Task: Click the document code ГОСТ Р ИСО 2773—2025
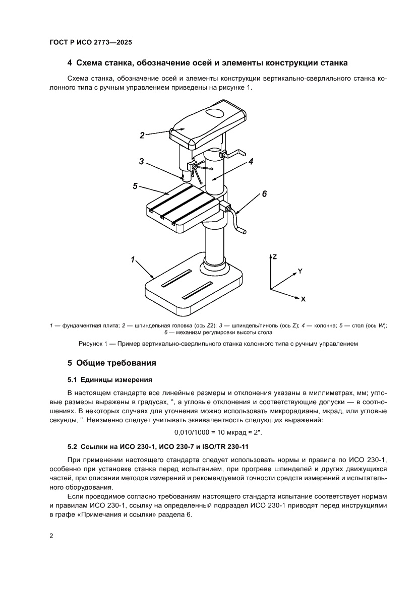(x=91, y=43)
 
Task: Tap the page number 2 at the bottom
(x=51, y=535)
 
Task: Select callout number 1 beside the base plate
(x=133, y=259)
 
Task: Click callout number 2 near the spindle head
(x=142, y=135)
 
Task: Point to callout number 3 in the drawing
(x=142, y=162)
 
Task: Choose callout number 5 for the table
(x=135, y=186)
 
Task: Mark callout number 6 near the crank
(x=264, y=194)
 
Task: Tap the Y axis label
(x=300, y=271)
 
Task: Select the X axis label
(x=303, y=299)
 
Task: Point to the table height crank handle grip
(x=243, y=231)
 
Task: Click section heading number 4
(x=70, y=63)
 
